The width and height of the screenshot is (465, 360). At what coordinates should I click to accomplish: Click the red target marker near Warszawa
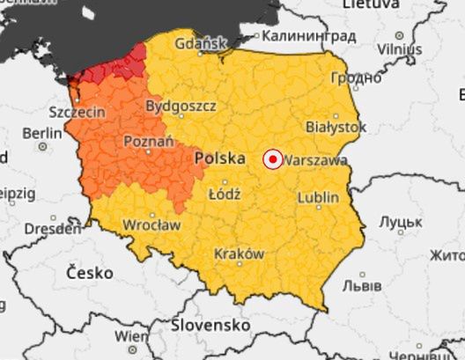273,159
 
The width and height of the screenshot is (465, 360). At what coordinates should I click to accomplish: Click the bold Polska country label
219,158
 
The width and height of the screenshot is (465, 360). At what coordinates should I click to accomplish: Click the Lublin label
317,199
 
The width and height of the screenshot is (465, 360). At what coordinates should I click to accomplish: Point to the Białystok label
335,128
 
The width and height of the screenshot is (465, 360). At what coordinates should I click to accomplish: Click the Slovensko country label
210,325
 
